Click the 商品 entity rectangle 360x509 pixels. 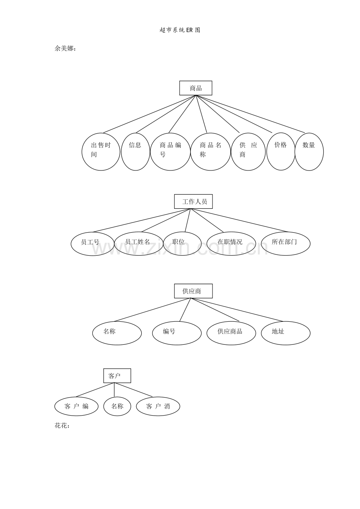tap(196, 88)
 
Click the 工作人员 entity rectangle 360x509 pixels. tap(193, 202)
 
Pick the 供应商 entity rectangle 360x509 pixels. tap(193, 291)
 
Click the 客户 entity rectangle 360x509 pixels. tap(117, 376)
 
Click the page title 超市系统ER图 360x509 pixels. tap(180, 30)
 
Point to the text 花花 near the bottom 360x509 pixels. tap(62, 426)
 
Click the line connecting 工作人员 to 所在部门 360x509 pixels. tap(240, 220)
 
